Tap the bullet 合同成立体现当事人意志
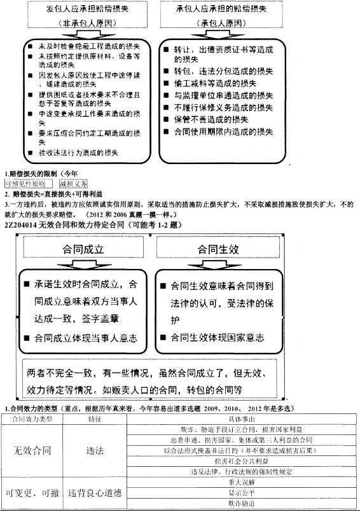coord(86,338)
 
